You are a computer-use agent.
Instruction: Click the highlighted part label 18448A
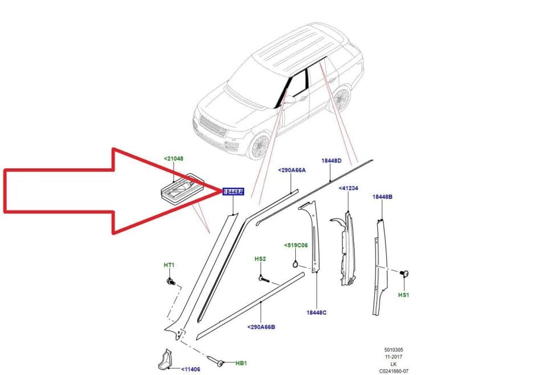click(233, 192)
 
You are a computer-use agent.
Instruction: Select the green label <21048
click(174, 158)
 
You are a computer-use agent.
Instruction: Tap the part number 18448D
click(331, 161)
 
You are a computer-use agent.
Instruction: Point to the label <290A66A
click(292, 170)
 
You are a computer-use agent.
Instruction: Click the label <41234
click(348, 188)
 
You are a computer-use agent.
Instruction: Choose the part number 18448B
click(382, 197)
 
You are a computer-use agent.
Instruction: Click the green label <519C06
click(296, 245)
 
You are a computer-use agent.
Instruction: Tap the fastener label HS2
click(260, 259)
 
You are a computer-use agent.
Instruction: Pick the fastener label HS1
click(403, 295)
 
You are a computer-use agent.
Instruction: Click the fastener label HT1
click(169, 265)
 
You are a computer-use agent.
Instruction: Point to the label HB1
click(241, 363)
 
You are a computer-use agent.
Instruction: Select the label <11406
click(191, 369)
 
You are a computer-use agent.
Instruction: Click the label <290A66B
click(262, 327)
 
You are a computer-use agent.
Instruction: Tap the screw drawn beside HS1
click(405, 275)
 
